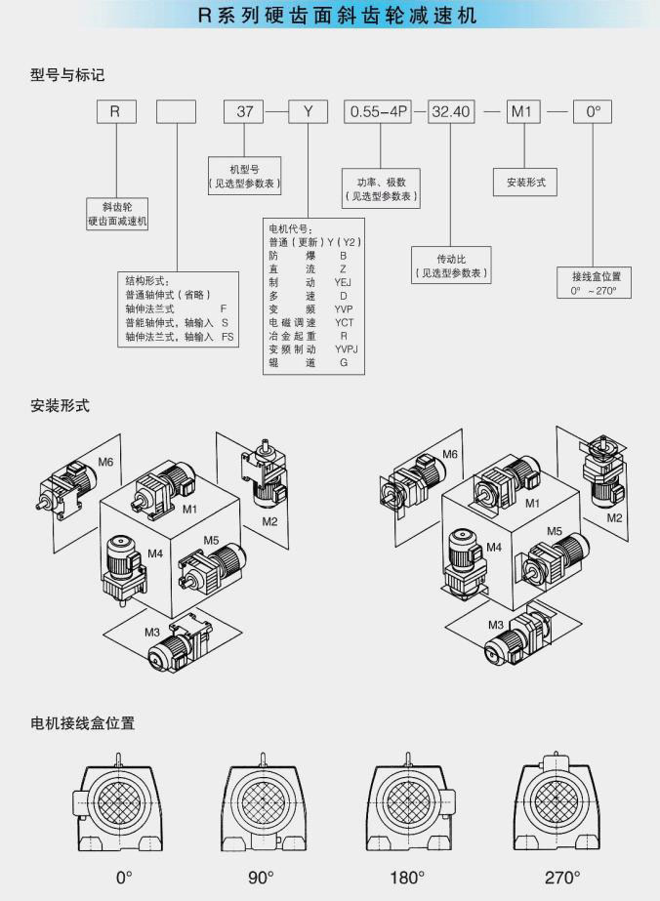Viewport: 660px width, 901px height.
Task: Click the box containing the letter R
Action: tap(115, 111)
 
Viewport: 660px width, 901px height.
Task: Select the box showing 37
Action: tap(245, 111)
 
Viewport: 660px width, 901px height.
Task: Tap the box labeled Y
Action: tap(309, 111)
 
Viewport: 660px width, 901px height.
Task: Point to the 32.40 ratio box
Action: tap(451, 111)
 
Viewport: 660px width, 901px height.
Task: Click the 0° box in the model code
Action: tap(593, 111)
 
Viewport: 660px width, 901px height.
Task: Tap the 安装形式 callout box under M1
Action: tap(525, 183)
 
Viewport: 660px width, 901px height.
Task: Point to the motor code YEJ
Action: tap(343, 281)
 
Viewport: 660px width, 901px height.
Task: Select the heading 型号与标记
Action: tap(66, 73)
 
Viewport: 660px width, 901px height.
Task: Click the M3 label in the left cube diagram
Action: tap(152, 633)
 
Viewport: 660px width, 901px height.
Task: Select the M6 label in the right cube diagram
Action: tap(450, 454)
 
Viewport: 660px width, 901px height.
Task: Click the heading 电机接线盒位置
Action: tap(82, 723)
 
